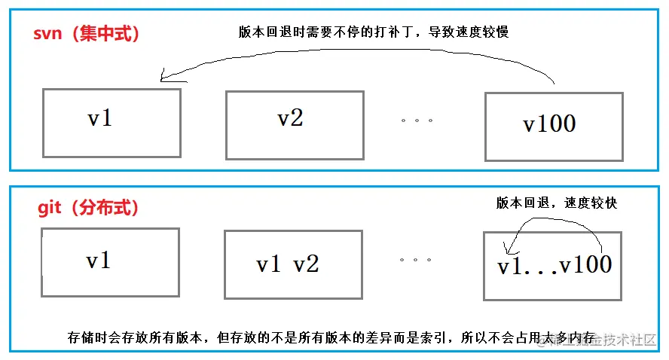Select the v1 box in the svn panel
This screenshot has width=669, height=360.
tap(111, 123)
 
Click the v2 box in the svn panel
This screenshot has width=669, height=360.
tap(295, 124)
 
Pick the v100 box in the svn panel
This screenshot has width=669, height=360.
tap(553, 126)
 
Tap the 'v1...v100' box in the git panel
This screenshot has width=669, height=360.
tap(553, 265)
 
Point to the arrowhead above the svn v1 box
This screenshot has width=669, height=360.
tap(164, 77)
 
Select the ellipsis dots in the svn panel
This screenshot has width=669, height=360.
tap(417, 120)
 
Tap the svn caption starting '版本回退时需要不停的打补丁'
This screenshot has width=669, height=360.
tap(374, 32)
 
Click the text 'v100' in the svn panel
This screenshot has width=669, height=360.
tap(549, 124)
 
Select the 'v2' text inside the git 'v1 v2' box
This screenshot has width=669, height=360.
tap(306, 264)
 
